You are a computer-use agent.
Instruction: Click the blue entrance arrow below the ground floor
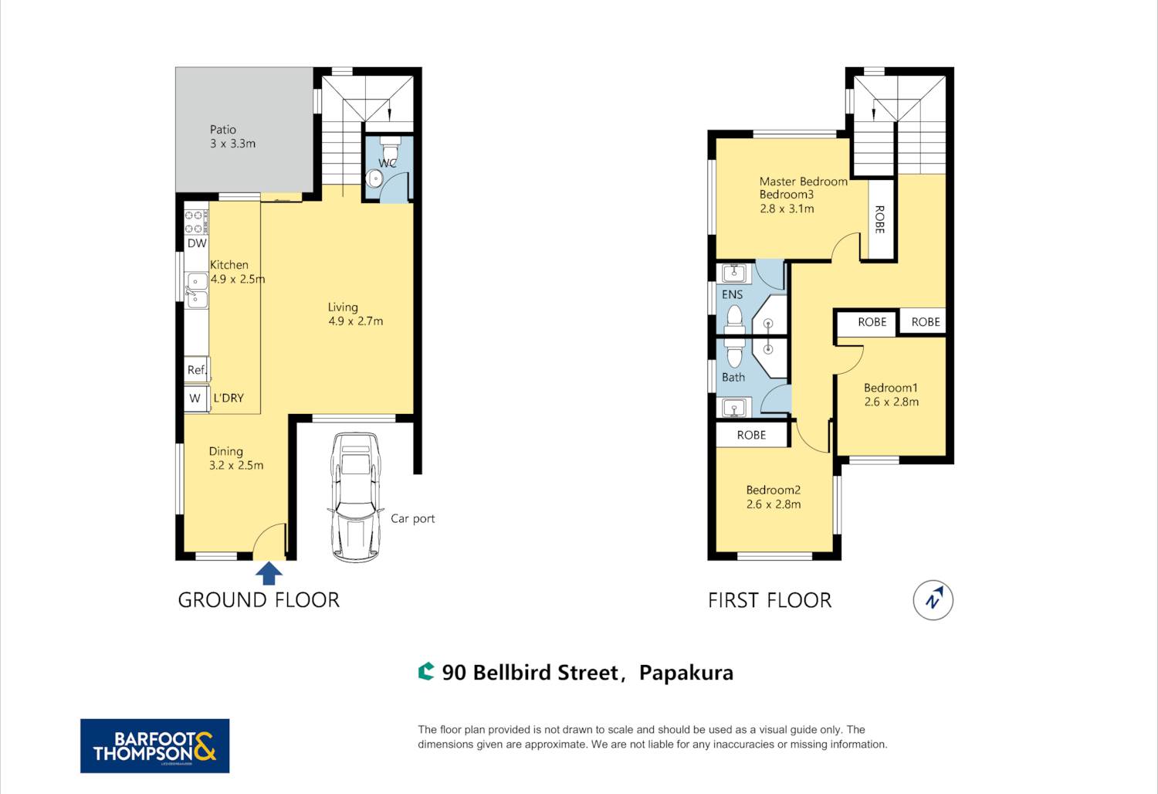269,574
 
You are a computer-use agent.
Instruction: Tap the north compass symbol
933,600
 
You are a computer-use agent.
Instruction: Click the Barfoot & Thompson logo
154,745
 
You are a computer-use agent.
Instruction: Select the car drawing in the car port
356,497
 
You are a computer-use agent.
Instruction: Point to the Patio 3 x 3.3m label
232,137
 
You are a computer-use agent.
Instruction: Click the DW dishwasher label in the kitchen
197,243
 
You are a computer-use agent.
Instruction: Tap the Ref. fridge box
197,369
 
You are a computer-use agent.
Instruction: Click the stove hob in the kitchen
196,222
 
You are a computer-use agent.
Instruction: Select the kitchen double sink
196,290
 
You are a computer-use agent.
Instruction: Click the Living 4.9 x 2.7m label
356,314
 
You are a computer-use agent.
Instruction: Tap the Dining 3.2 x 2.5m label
236,458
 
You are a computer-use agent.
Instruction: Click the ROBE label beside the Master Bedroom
879,219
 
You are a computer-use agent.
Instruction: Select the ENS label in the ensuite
732,294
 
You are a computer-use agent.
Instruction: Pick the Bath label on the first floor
733,377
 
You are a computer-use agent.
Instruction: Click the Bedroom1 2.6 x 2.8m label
891,395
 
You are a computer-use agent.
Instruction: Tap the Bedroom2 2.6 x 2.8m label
774,497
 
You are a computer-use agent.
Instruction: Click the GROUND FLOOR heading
259,600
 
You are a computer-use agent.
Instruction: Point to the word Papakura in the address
686,673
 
